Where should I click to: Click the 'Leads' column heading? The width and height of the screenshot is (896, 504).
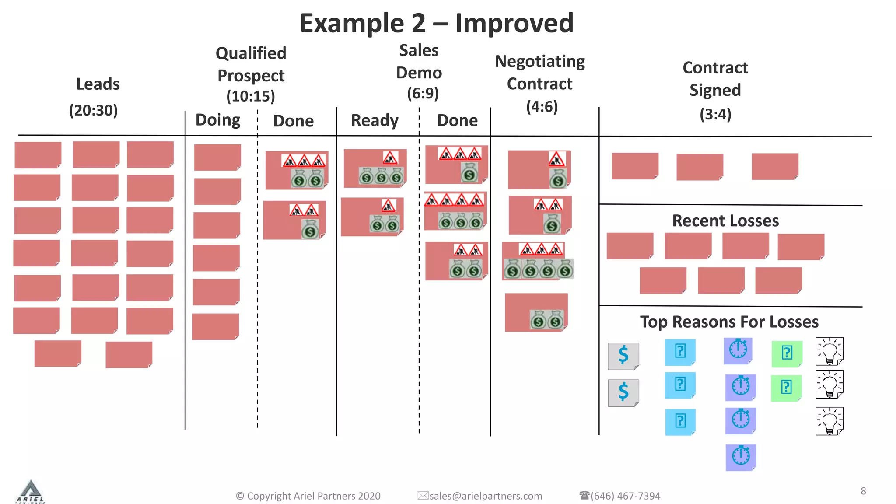point(98,84)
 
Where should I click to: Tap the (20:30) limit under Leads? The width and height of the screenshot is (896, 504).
point(93,110)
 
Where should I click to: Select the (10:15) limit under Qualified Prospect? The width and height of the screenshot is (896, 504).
point(250,96)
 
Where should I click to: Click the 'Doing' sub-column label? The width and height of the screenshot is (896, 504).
point(217,120)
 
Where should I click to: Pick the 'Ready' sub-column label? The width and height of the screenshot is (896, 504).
point(374,120)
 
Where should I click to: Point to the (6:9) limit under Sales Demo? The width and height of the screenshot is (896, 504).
point(423,93)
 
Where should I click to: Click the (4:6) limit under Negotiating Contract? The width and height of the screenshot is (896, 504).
point(542,106)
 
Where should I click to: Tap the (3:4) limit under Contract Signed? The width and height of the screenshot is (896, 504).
point(715,114)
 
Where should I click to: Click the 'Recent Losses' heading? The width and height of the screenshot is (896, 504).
point(725,220)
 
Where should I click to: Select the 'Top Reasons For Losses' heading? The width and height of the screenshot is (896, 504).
point(729,322)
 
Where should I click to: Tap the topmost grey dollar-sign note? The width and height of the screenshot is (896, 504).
point(623,355)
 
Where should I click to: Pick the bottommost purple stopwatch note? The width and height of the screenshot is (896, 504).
point(740,457)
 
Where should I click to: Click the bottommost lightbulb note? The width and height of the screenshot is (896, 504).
point(829,421)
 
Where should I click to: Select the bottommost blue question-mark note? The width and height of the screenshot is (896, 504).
point(680,422)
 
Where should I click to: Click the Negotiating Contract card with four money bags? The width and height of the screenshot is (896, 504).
point(537,261)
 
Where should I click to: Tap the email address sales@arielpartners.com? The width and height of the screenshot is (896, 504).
point(485,496)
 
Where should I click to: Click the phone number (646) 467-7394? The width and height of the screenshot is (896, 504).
point(625,496)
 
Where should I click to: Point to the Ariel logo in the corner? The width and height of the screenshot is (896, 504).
point(30,492)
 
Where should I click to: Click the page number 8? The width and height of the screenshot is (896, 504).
point(863,491)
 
